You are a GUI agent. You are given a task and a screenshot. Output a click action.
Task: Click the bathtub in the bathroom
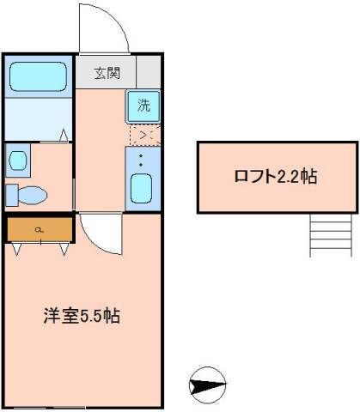click(38, 76)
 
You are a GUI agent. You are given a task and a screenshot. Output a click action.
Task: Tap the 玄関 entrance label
click(107, 72)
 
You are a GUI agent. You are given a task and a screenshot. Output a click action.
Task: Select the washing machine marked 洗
click(144, 106)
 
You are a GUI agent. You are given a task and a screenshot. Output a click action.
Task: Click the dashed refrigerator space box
click(143, 134)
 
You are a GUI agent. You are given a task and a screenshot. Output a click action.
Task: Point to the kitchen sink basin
click(143, 188)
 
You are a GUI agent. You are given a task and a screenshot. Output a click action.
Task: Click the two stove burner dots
click(143, 159)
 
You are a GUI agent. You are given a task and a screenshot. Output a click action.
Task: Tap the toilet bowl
click(32, 196)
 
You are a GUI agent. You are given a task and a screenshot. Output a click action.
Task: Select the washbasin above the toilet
click(15, 160)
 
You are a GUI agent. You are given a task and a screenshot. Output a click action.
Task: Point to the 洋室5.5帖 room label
click(82, 315)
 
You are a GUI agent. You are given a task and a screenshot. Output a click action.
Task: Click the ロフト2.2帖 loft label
click(275, 178)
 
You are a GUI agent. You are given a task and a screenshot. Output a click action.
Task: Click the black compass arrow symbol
click(207, 385)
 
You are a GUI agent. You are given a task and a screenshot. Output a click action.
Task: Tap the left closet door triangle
click(18, 249)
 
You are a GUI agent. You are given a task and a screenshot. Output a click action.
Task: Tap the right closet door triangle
click(64, 249)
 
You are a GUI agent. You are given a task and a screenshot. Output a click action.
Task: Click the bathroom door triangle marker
click(64, 134)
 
